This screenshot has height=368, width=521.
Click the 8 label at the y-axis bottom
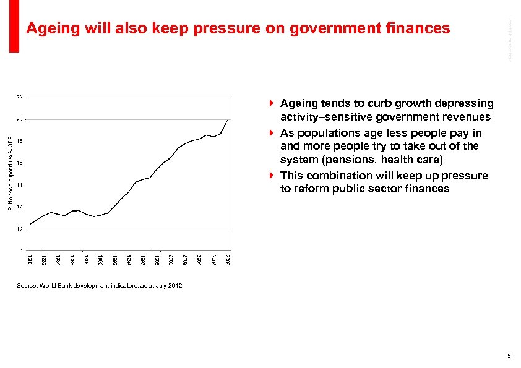pos(21,250)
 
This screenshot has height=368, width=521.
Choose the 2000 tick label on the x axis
pos(171,260)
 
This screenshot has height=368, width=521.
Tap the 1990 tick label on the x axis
pos(100,260)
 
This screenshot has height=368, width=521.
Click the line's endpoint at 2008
pos(228,119)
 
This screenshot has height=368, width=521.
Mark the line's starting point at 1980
pos(30,224)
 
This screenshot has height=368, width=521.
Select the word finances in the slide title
pos(419,28)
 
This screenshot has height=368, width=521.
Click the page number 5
pos(509,356)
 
